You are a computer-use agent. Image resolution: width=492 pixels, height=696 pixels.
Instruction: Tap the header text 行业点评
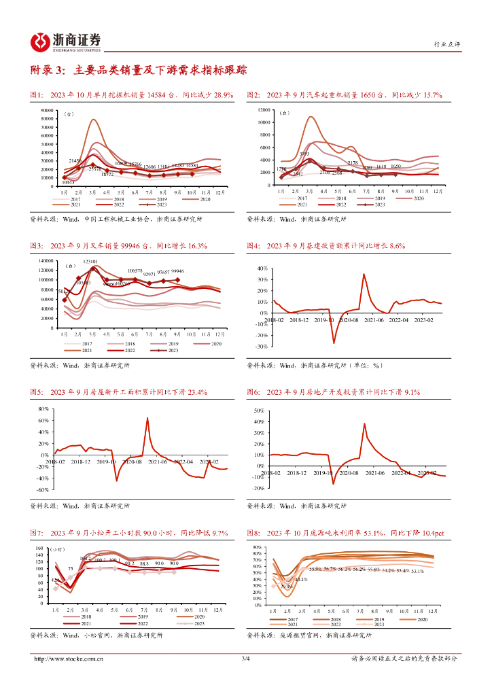(446, 44)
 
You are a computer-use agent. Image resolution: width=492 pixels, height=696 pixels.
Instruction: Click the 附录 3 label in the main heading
(49, 70)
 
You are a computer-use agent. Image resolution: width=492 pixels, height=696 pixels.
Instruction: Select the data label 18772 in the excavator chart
(108, 175)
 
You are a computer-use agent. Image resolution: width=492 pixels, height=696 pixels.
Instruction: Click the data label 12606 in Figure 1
(150, 167)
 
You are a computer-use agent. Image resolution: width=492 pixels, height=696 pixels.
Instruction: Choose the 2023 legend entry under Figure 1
(158, 205)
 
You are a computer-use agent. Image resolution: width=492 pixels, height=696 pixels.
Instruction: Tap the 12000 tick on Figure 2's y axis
(264, 110)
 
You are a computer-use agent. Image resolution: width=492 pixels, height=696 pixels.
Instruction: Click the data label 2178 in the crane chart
(352, 163)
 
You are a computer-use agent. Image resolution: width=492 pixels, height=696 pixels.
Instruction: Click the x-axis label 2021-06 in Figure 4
(373, 319)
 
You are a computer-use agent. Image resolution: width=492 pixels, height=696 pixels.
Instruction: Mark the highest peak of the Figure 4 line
(364, 274)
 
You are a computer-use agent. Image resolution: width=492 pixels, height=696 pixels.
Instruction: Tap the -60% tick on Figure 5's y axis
(41, 489)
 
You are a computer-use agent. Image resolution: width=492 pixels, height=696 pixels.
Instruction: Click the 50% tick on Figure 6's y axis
(258, 411)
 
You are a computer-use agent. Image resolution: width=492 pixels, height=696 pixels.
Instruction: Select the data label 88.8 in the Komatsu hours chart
(144, 563)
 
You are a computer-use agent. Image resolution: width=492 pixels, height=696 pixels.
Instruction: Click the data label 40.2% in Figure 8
(301, 579)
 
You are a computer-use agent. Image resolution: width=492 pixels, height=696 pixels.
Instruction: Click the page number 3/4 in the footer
(246, 659)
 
